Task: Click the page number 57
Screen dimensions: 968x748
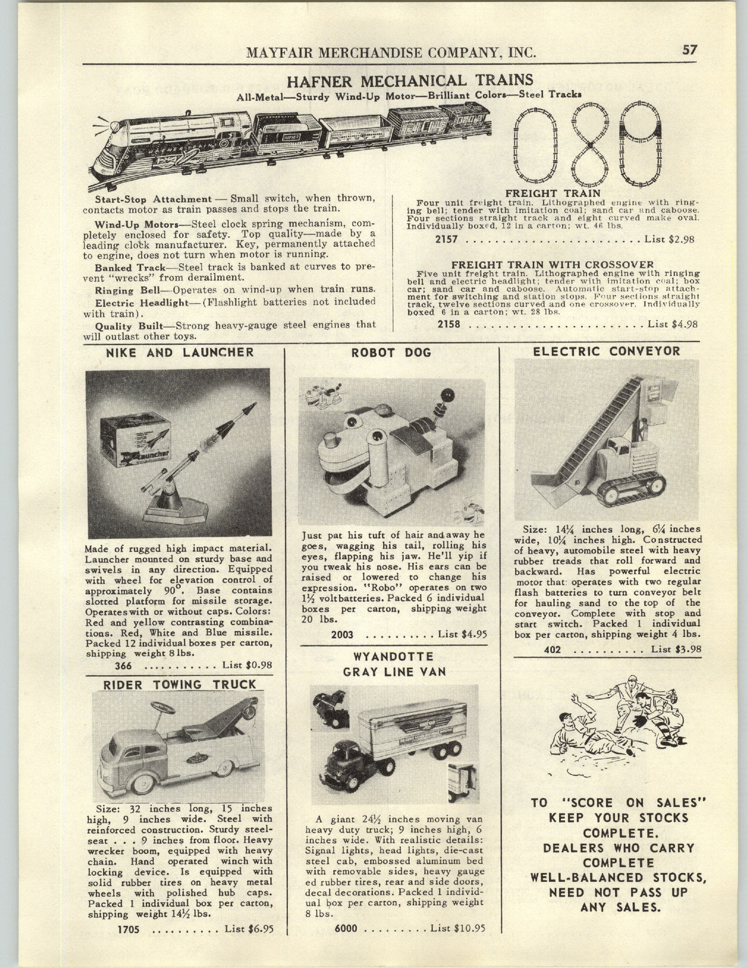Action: [689, 50]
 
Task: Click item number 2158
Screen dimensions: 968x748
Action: [448, 324]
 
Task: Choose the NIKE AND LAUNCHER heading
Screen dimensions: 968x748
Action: [180, 352]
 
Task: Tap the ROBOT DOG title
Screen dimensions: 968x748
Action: [392, 353]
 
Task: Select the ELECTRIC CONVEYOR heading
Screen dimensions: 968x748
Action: [606, 351]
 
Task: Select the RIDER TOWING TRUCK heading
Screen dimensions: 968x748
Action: [180, 684]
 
